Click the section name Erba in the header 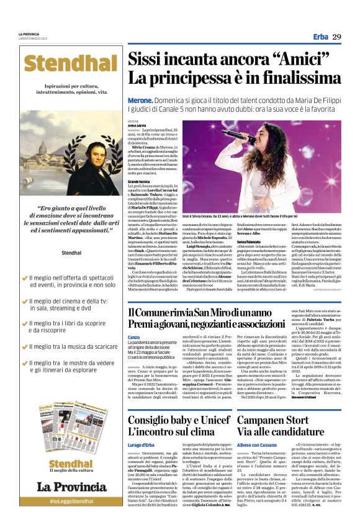[320, 37]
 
